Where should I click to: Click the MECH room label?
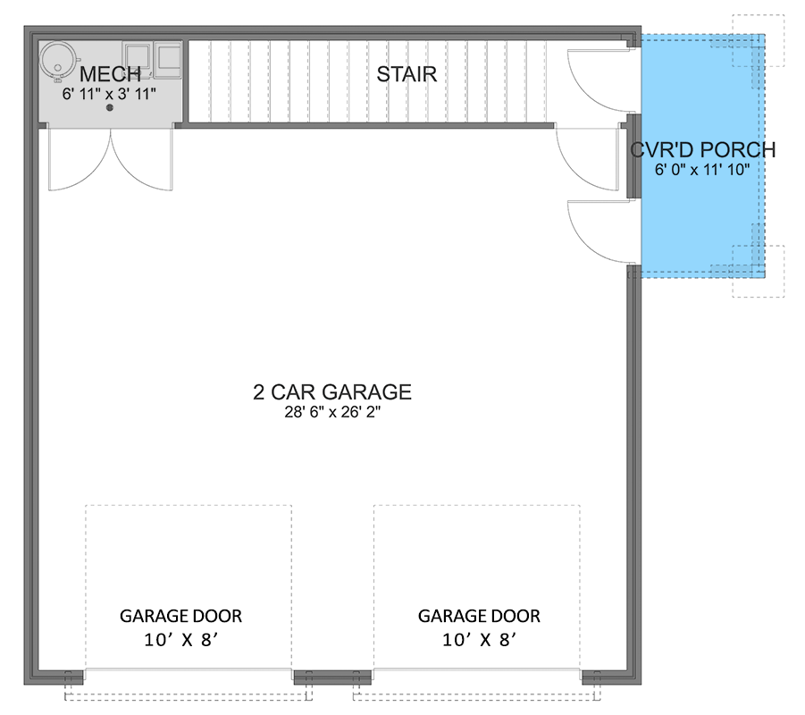[110, 74]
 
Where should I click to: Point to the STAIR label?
[407, 74]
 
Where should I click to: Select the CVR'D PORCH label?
[702, 150]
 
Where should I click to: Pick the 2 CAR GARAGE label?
[331, 391]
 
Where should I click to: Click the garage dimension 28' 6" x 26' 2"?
[331, 412]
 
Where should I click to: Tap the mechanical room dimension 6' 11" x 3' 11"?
[110, 92]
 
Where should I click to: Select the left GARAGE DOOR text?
[181, 616]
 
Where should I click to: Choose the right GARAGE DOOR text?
[479, 616]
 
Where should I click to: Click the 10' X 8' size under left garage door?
[181, 640]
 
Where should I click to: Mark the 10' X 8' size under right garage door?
[479, 640]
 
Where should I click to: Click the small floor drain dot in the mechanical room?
[110, 108]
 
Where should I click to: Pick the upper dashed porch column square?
[758, 40]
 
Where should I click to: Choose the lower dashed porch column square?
[758, 271]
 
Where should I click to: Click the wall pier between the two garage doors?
[332, 677]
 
